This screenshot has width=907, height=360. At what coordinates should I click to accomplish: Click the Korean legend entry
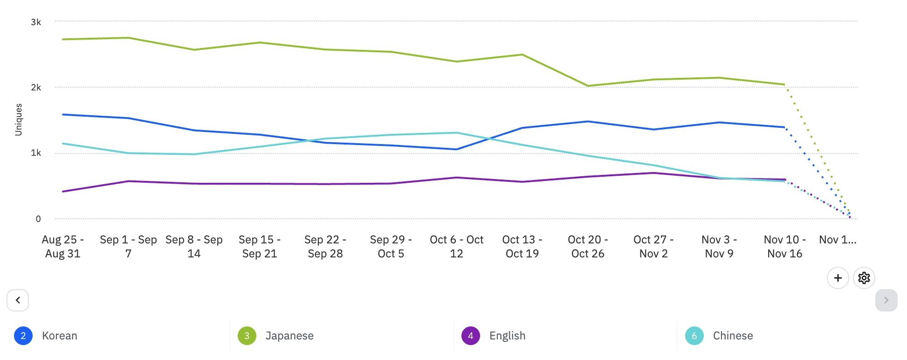coord(59,336)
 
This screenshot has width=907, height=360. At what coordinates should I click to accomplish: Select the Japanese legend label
coord(289,336)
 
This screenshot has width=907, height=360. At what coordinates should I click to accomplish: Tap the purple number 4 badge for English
coord(470,336)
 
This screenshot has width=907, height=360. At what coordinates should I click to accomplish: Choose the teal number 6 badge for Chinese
coord(694,336)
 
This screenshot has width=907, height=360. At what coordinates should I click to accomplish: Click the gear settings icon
coord(864,278)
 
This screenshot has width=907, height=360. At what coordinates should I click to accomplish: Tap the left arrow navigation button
coord(18,300)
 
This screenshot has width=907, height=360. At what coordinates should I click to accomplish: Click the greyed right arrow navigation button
coord(886,300)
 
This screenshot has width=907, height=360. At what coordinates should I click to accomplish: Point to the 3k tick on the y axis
coord(36,22)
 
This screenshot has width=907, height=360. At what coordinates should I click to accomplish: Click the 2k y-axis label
coord(36,87)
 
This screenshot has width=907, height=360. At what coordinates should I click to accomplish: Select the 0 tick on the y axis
coord(38,219)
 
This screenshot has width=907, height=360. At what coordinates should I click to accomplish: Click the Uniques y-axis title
coord(19,120)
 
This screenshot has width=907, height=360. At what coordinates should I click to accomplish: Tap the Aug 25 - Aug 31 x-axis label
coord(63,247)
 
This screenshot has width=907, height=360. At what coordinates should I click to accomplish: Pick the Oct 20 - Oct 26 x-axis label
coord(588,247)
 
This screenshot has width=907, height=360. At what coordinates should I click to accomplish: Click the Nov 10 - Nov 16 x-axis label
coord(784,247)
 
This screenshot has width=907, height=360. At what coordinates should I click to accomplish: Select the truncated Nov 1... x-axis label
coord(838,240)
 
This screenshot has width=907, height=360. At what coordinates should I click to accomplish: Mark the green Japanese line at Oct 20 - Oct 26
coord(588,86)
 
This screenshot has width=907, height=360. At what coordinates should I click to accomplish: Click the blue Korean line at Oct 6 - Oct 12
coord(457,149)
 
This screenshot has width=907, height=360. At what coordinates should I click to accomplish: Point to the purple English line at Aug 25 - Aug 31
coord(63,191)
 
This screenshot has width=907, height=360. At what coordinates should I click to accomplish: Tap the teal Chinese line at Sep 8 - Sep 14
coord(194,154)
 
